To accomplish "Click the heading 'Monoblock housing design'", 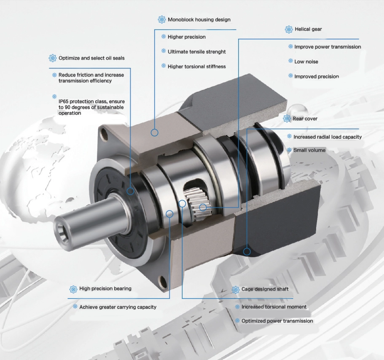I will coord(199,19).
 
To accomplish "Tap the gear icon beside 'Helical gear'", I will coord(289,29).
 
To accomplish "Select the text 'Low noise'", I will coord(306,61).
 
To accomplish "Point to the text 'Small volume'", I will coord(309,150).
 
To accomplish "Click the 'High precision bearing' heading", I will coord(105,289).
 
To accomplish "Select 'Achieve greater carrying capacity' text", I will coord(118,307).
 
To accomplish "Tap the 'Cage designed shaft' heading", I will coord(265,289).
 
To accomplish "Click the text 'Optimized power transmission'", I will coord(277,321).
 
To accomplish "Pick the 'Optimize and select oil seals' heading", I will coord(91,58).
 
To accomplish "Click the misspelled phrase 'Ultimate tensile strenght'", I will coord(196,51).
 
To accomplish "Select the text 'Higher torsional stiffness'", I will coord(196,66).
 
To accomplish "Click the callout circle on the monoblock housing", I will coord(155,133).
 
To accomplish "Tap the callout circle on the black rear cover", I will coord(247,252).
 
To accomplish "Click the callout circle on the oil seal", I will coord(131,191).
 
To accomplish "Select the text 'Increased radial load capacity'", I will coord(327,137).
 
